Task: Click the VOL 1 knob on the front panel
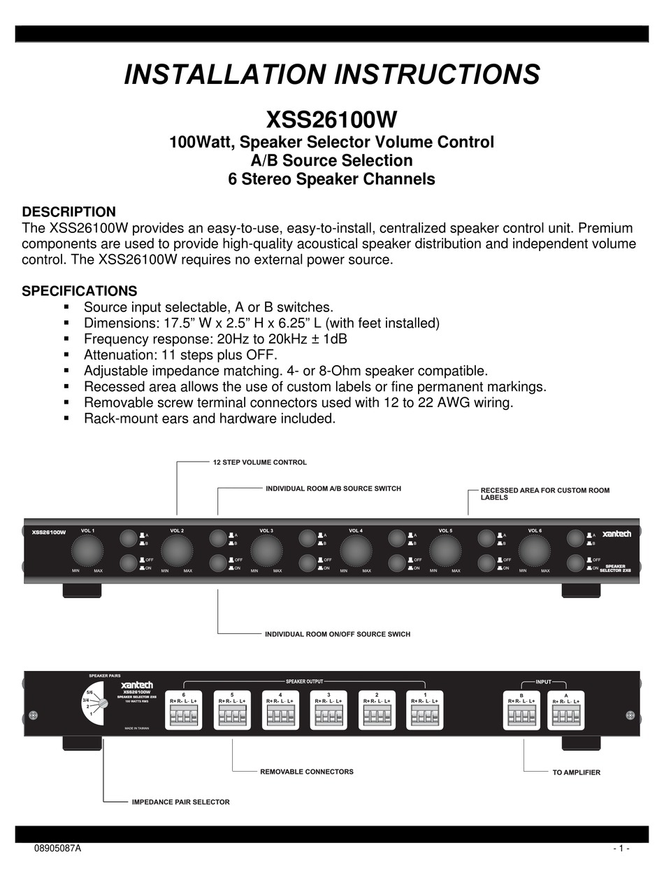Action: click(87, 551)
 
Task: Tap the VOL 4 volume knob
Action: click(356, 551)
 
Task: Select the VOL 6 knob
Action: click(535, 551)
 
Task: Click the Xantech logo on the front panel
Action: click(616, 534)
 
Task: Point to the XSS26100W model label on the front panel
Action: click(48, 532)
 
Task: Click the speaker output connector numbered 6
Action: click(183, 715)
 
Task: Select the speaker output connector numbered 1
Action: click(426, 715)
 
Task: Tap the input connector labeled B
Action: click(521, 715)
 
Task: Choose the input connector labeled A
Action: click(565, 715)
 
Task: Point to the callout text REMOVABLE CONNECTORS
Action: click(306, 772)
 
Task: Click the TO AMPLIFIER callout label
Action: click(576, 772)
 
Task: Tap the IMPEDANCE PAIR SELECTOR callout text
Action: click(180, 802)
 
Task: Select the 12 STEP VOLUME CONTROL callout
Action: click(259, 462)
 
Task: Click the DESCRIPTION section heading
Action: click(69, 212)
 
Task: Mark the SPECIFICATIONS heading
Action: click(80, 290)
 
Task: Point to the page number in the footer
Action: click(621, 849)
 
